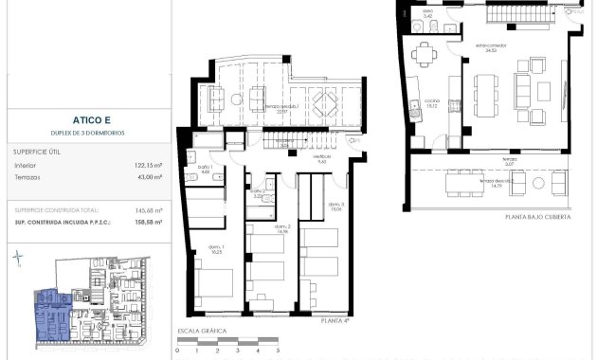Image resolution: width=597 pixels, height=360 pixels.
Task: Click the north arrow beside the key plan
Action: [x=16, y=258]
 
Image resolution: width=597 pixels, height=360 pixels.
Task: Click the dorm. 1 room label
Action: [x=216, y=250]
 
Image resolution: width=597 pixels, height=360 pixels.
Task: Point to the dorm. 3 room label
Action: [x=335, y=207]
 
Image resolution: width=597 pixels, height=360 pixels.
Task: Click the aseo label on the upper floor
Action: [x=427, y=13]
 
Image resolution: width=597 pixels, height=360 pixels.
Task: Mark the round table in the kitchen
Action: [x=421, y=54]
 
